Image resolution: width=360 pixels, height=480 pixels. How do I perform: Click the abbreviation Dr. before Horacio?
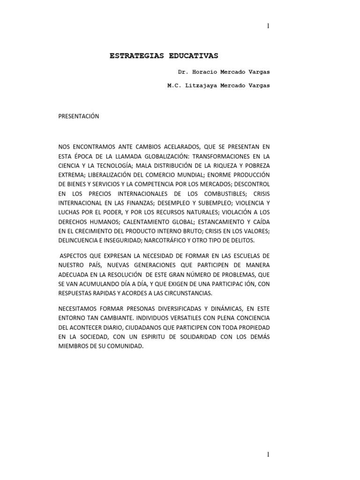click(182, 73)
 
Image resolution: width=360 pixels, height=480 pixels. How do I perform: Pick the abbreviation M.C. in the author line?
click(175, 86)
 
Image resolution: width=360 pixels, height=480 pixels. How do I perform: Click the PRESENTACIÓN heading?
click(78, 116)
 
